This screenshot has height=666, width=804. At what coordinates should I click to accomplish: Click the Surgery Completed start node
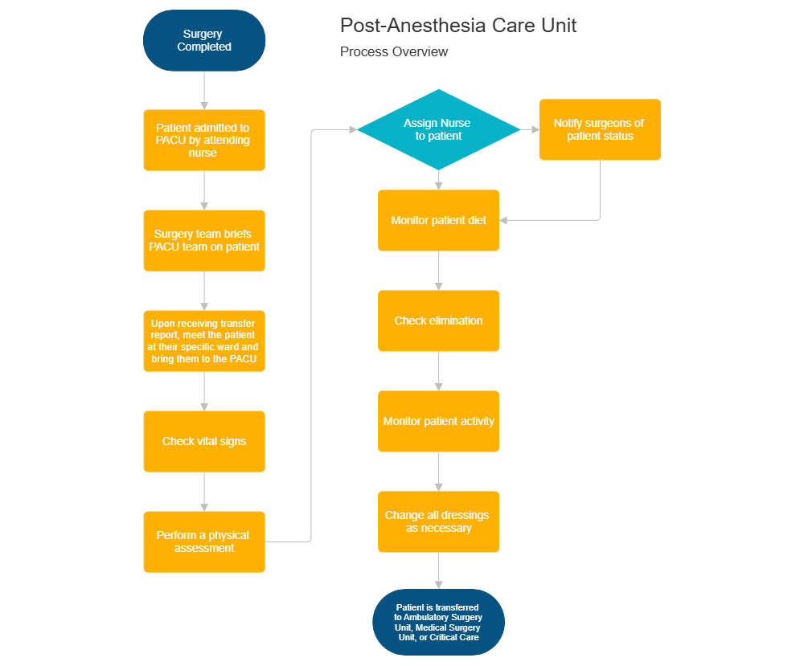[x=204, y=41]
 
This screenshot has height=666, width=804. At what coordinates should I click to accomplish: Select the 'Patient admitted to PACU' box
[x=204, y=140]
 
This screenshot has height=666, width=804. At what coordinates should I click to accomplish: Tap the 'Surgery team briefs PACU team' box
[x=204, y=240]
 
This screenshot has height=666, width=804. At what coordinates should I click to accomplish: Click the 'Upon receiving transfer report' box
[x=204, y=341]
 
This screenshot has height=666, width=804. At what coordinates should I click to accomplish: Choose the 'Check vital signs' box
[x=204, y=441]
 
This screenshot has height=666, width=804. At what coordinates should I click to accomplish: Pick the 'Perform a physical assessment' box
[x=204, y=541]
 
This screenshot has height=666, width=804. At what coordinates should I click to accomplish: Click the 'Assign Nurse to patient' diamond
[x=438, y=129]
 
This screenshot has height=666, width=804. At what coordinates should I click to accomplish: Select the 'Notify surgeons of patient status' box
[x=600, y=129]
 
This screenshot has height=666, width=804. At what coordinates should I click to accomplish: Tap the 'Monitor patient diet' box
[x=439, y=220]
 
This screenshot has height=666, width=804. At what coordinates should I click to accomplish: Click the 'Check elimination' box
[x=439, y=321]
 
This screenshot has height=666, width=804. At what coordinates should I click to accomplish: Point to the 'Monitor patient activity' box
[x=439, y=421]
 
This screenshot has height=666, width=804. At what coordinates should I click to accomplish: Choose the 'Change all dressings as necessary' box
[x=439, y=521]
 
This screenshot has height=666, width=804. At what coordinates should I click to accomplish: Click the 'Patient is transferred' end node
[x=439, y=622]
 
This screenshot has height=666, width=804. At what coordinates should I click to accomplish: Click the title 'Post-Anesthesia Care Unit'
[x=458, y=26]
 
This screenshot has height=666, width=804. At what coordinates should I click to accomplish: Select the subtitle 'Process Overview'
[x=394, y=52]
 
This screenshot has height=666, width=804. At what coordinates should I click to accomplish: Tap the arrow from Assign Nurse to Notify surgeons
[x=530, y=129]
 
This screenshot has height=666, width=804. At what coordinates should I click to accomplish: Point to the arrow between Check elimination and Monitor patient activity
[x=439, y=371]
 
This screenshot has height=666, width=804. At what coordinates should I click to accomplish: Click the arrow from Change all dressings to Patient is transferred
[x=439, y=570]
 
